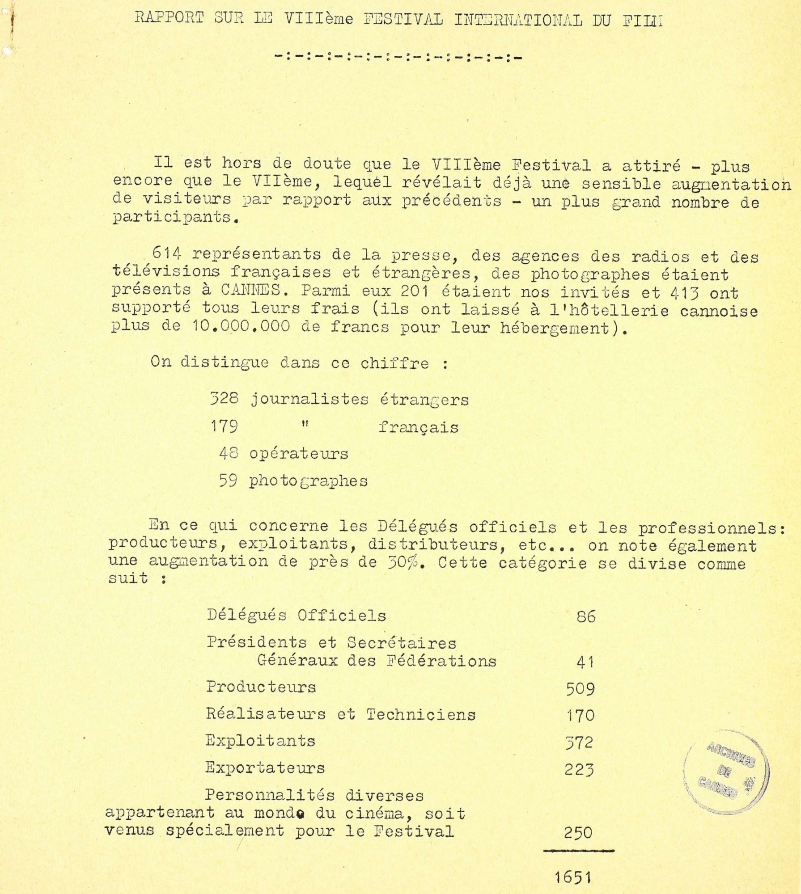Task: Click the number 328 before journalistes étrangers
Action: coord(224,398)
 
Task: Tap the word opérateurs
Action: coord(298,454)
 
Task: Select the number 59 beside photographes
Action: coord(228,481)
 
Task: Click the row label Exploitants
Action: coord(260,741)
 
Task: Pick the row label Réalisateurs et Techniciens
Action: coord(340,714)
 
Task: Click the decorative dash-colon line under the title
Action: coord(398,57)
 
